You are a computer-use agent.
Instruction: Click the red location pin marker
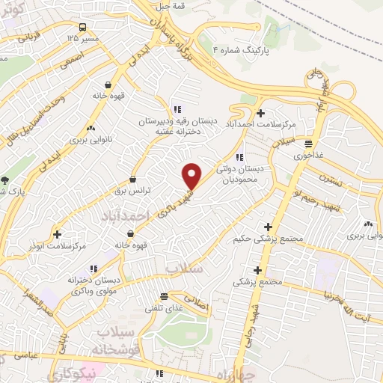tap(192, 176)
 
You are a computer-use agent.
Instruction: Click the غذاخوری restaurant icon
tap(309, 144)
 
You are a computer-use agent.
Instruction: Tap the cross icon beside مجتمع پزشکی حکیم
tap(268, 227)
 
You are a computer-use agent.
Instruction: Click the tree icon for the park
tap(5, 180)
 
